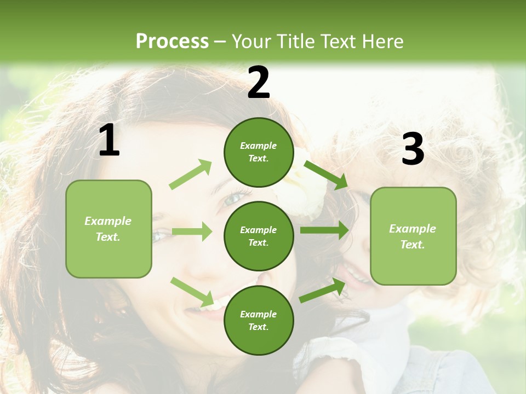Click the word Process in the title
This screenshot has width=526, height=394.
click(x=172, y=41)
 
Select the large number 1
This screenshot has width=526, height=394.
click(x=109, y=141)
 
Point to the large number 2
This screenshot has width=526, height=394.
click(x=259, y=83)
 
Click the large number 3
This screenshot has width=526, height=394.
click(x=413, y=149)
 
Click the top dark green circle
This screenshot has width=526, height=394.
click(x=259, y=152)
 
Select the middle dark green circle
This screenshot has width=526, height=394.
click(x=259, y=236)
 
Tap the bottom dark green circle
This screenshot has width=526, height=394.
click(x=259, y=321)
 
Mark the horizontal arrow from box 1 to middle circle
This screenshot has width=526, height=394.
click(x=192, y=231)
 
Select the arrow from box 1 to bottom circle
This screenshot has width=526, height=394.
click(x=192, y=292)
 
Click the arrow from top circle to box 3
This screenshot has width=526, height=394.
click(x=325, y=175)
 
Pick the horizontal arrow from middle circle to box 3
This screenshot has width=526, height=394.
click(x=324, y=230)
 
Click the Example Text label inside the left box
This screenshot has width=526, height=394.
click(x=108, y=229)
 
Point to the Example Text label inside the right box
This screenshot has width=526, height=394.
click(x=413, y=236)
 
